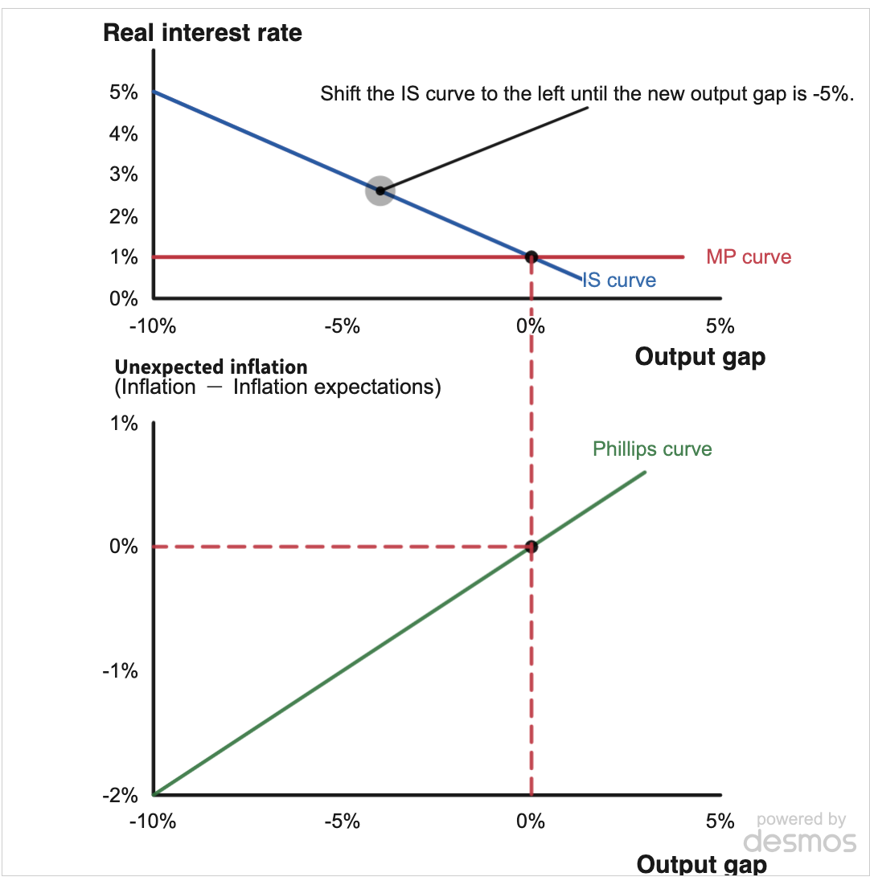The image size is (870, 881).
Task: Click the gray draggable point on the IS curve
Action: click(380, 191)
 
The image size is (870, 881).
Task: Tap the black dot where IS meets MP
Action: click(531, 257)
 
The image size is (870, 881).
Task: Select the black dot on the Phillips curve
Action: click(531, 547)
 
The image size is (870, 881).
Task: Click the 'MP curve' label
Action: click(749, 257)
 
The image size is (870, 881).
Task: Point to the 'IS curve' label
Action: click(618, 281)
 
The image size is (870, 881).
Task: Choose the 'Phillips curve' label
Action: click(652, 449)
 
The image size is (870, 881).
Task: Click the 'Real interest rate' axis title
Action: click(203, 33)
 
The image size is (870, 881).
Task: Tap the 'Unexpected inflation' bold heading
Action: click(211, 367)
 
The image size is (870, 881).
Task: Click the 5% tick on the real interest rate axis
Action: click(124, 92)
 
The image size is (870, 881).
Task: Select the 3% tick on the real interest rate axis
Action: click(124, 174)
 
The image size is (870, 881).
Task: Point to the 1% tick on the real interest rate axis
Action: click(124, 257)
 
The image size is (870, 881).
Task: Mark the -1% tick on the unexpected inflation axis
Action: click(120, 671)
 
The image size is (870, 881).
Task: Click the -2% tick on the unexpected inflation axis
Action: click(120, 795)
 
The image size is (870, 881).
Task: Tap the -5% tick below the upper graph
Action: click(341, 326)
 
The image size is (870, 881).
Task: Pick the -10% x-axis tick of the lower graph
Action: click(152, 822)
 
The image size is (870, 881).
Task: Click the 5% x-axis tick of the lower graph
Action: click(720, 822)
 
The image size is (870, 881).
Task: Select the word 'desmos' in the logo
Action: click(800, 841)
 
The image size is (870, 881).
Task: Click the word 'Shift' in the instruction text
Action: click(338, 93)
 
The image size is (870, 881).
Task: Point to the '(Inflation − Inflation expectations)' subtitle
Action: click(278, 387)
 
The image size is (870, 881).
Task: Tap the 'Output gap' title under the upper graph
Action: click(700, 356)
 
